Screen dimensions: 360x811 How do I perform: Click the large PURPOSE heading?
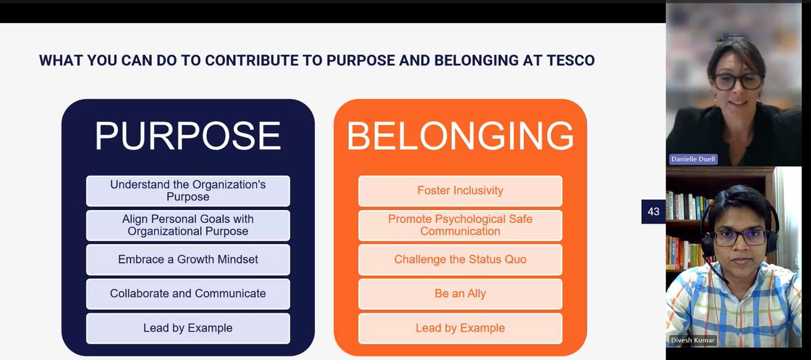click(187, 136)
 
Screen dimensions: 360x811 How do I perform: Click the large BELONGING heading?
click(460, 136)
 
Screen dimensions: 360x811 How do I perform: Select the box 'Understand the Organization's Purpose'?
click(188, 190)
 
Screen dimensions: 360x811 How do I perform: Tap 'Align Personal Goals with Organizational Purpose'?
click(188, 226)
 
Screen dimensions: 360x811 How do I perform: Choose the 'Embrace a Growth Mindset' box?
click(188, 259)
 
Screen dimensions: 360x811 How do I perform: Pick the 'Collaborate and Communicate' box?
click(188, 294)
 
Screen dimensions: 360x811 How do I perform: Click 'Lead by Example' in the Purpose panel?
click(188, 328)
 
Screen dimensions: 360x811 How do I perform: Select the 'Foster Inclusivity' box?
click(460, 190)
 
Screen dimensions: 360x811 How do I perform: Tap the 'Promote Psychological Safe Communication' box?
click(460, 226)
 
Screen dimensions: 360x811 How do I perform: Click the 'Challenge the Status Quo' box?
click(460, 259)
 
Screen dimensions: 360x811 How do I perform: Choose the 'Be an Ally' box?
click(460, 294)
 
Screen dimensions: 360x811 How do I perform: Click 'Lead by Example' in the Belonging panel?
click(460, 328)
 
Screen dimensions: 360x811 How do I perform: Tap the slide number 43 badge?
click(653, 211)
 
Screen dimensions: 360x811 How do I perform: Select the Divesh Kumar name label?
click(693, 340)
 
